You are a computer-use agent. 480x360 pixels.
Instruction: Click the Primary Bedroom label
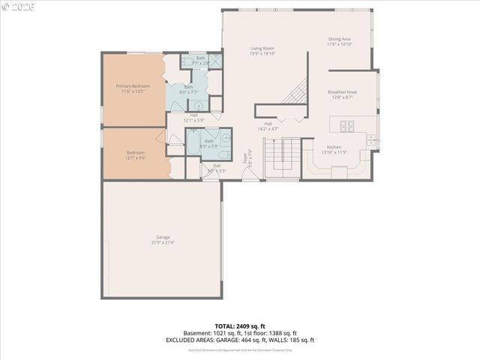pos(132,86)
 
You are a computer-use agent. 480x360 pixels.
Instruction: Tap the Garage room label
pos(163,237)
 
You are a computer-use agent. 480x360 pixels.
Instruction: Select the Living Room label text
pos(262,49)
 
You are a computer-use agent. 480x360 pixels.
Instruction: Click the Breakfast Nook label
pos(342,92)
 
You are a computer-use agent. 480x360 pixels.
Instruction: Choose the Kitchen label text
pos(333,147)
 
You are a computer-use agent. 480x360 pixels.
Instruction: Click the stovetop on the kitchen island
pos(348,125)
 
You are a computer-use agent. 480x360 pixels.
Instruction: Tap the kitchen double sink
pos(370,137)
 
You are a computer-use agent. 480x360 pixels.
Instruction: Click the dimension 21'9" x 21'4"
pos(163,242)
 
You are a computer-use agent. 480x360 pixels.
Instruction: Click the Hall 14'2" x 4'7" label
pos(268,126)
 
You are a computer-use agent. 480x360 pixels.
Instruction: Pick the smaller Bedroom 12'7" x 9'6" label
pos(136,155)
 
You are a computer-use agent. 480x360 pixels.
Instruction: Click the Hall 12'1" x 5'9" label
pos(193,117)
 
